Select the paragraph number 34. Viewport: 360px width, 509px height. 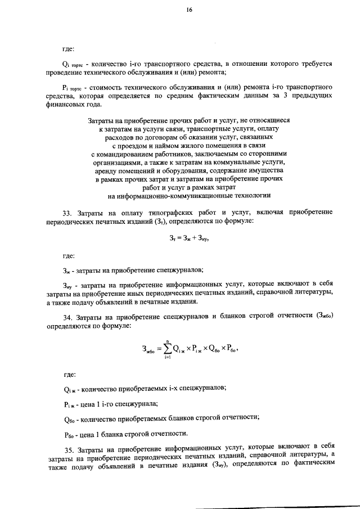pyautogui.click(x=67, y=317)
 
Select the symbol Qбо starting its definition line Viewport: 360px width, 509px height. pyautogui.click(x=69, y=418)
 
